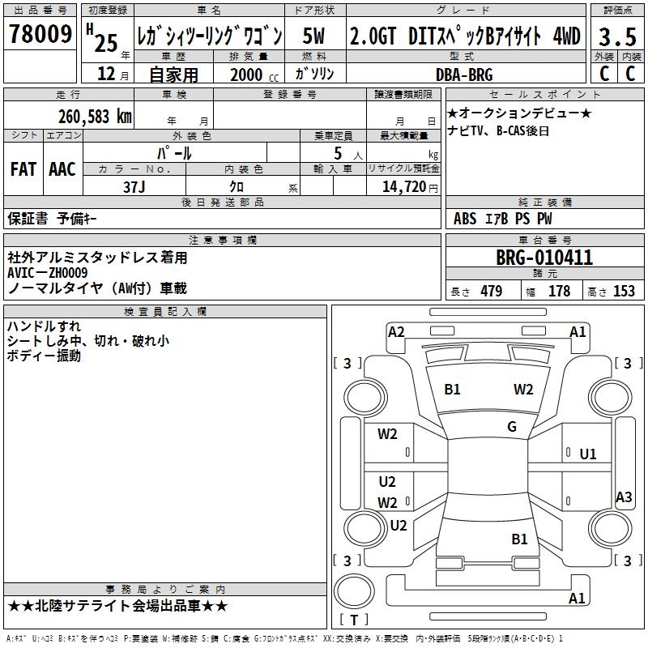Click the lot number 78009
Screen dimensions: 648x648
40,34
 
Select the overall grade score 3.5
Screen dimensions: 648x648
617,36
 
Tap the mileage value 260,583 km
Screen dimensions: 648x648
95,117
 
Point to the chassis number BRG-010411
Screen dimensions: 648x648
544,258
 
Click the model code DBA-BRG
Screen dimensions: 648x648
464,75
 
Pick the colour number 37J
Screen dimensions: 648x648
134,187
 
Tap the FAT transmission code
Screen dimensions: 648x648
23,169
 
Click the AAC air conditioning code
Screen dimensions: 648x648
62,169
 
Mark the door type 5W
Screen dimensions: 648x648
313,36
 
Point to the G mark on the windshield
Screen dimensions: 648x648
512,426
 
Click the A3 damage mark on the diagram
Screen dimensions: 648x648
624,497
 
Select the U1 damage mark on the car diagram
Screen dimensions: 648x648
588,454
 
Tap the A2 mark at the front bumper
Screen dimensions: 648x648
396,332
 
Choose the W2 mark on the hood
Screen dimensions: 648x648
523,390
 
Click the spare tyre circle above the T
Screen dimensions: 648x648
354,591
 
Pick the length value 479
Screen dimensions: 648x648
492,291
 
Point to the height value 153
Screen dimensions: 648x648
624,291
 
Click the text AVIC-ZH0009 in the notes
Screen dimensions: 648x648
48,273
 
